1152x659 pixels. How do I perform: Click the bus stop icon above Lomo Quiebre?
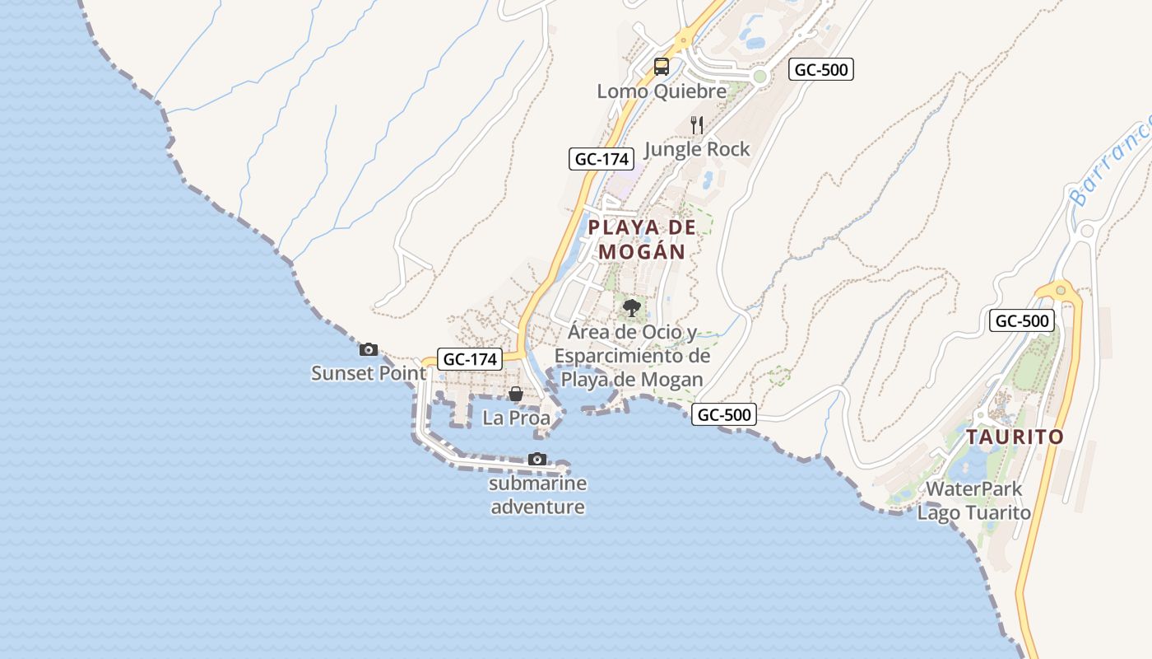tap(662, 67)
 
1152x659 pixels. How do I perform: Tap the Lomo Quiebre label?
tap(662, 91)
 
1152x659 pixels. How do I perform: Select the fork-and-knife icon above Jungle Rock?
tap(697, 124)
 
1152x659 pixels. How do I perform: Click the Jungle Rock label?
tap(697, 149)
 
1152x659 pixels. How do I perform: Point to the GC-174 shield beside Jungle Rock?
tap(602, 159)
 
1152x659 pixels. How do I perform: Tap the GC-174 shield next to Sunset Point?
tap(471, 359)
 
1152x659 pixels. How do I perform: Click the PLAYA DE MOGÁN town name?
tap(642, 239)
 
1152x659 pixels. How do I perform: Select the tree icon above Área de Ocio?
tap(632, 309)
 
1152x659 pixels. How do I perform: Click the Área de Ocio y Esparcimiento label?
tap(632, 356)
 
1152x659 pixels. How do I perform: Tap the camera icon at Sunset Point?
tap(369, 349)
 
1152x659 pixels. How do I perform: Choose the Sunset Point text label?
tap(369, 373)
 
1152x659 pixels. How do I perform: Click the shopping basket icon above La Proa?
tap(516, 395)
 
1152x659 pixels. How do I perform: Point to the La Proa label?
tap(516, 418)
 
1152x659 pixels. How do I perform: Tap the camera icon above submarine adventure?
tap(537, 459)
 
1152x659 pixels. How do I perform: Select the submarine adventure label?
tap(537, 494)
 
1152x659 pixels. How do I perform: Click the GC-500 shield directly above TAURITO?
tap(1021, 321)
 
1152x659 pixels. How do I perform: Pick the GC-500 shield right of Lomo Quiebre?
tap(821, 70)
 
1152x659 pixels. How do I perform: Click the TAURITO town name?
tap(1015, 437)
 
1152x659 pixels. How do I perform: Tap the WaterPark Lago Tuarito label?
tap(973, 500)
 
